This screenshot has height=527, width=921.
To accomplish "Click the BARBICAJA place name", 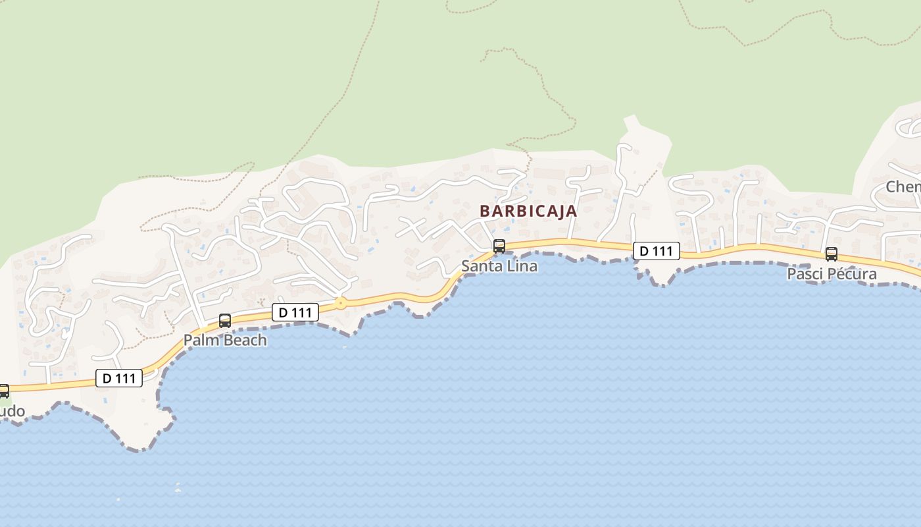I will point(528,211).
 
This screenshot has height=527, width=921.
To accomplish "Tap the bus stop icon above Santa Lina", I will point(499,246).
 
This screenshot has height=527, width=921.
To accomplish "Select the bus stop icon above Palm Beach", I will point(225,321).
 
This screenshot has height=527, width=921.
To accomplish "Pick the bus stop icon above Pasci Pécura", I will point(832,254).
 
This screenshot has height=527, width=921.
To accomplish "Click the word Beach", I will point(245,341).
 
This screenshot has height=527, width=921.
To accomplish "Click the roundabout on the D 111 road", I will point(340,303).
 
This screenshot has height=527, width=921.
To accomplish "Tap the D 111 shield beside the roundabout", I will point(295,312).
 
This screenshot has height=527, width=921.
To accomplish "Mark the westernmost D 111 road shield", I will point(119,378).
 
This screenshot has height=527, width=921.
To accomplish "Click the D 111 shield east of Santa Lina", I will point(656,251).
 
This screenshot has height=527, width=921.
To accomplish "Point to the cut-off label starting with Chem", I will point(903,187).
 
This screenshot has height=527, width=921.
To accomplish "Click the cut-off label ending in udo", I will point(12,412).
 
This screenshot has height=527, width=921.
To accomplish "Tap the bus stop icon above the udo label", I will point(4,391).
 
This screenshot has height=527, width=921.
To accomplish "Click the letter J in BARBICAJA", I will point(558,211).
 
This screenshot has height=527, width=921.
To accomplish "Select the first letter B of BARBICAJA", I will point(485,211).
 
